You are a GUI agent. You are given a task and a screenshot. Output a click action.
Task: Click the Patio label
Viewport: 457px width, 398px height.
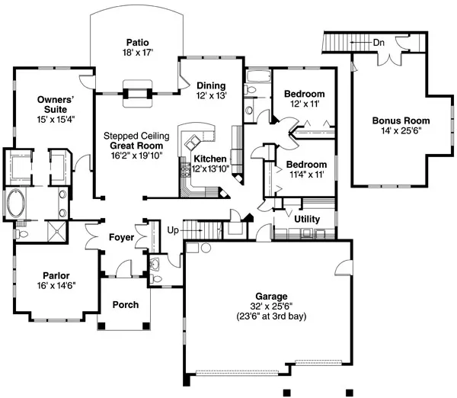[x=136, y=43]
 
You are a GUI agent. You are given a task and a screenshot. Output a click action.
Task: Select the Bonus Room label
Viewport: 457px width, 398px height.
[x=401, y=120]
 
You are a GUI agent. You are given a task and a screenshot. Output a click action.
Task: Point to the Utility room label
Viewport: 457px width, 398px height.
[x=306, y=220]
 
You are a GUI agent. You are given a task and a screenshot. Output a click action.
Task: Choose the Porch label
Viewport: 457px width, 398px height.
[x=125, y=305]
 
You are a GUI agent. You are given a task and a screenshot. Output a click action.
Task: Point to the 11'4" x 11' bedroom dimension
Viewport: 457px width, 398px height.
[x=305, y=175]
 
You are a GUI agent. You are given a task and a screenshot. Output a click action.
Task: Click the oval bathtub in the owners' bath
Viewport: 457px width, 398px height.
[x=16, y=204]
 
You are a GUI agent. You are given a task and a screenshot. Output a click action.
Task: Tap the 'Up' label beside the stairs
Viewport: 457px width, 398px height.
[x=173, y=229]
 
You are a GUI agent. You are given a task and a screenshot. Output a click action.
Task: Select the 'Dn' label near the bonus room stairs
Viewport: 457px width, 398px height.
[x=378, y=42]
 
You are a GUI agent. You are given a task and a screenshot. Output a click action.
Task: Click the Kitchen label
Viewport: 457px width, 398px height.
[x=209, y=159]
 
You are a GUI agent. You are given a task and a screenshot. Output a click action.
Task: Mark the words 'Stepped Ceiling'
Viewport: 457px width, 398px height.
[x=138, y=135]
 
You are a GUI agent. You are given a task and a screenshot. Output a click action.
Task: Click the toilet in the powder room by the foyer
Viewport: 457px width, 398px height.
[x=156, y=267]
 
